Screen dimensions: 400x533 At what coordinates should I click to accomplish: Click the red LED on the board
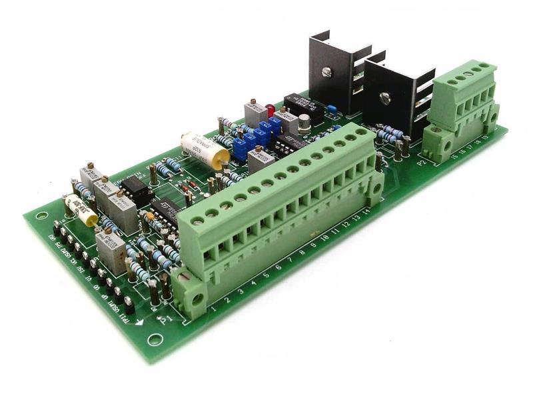tap(270, 109)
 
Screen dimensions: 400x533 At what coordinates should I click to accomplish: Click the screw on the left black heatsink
tap(326, 72)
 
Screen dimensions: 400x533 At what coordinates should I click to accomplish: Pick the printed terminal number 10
tap(325, 238)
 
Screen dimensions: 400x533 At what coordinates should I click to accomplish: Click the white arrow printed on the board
tap(141, 323)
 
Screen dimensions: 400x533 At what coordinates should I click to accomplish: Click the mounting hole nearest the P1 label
tap(155, 339)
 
